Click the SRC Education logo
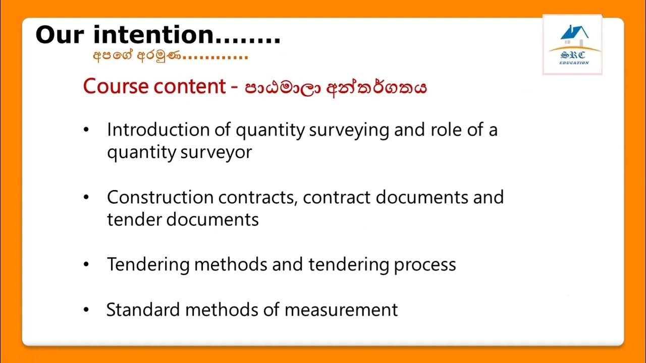tap(572, 45)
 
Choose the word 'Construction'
tap(160, 197)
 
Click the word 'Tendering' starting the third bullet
tap(148, 265)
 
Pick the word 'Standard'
tap(143, 310)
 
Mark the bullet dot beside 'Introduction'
tap(86, 131)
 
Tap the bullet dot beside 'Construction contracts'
tap(86, 198)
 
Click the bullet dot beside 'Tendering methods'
tap(86, 265)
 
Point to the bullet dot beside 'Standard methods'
tap(86, 310)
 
